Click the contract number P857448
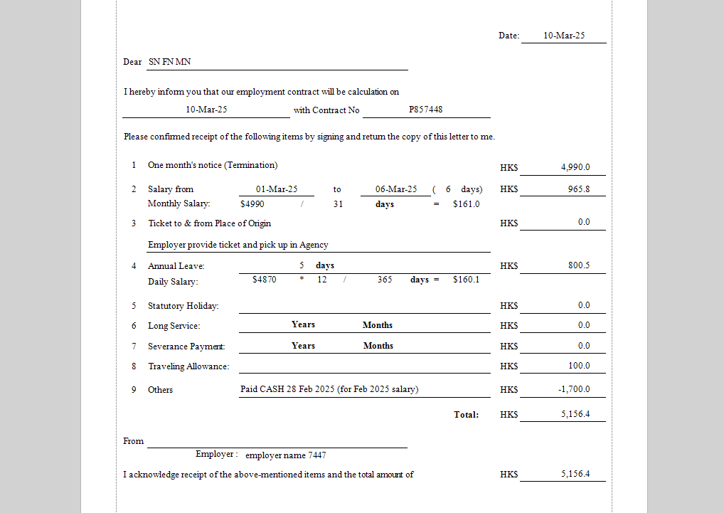point(425,110)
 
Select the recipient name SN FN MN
point(169,62)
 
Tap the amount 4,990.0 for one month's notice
point(575,167)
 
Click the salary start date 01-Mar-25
point(277,189)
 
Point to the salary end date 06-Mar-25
point(396,189)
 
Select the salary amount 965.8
point(578,189)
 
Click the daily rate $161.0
point(466,204)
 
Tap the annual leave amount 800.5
point(578,265)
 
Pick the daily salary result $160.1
point(466,280)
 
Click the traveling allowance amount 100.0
point(578,366)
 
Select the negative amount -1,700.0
point(574,389)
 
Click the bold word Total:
point(467,414)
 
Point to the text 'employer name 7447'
point(286,455)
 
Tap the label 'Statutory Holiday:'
point(183,306)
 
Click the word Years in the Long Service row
point(303,324)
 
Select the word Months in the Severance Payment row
point(378,346)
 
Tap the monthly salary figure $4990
point(252,204)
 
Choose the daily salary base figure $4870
point(265,280)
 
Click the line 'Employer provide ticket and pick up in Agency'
point(238,245)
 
